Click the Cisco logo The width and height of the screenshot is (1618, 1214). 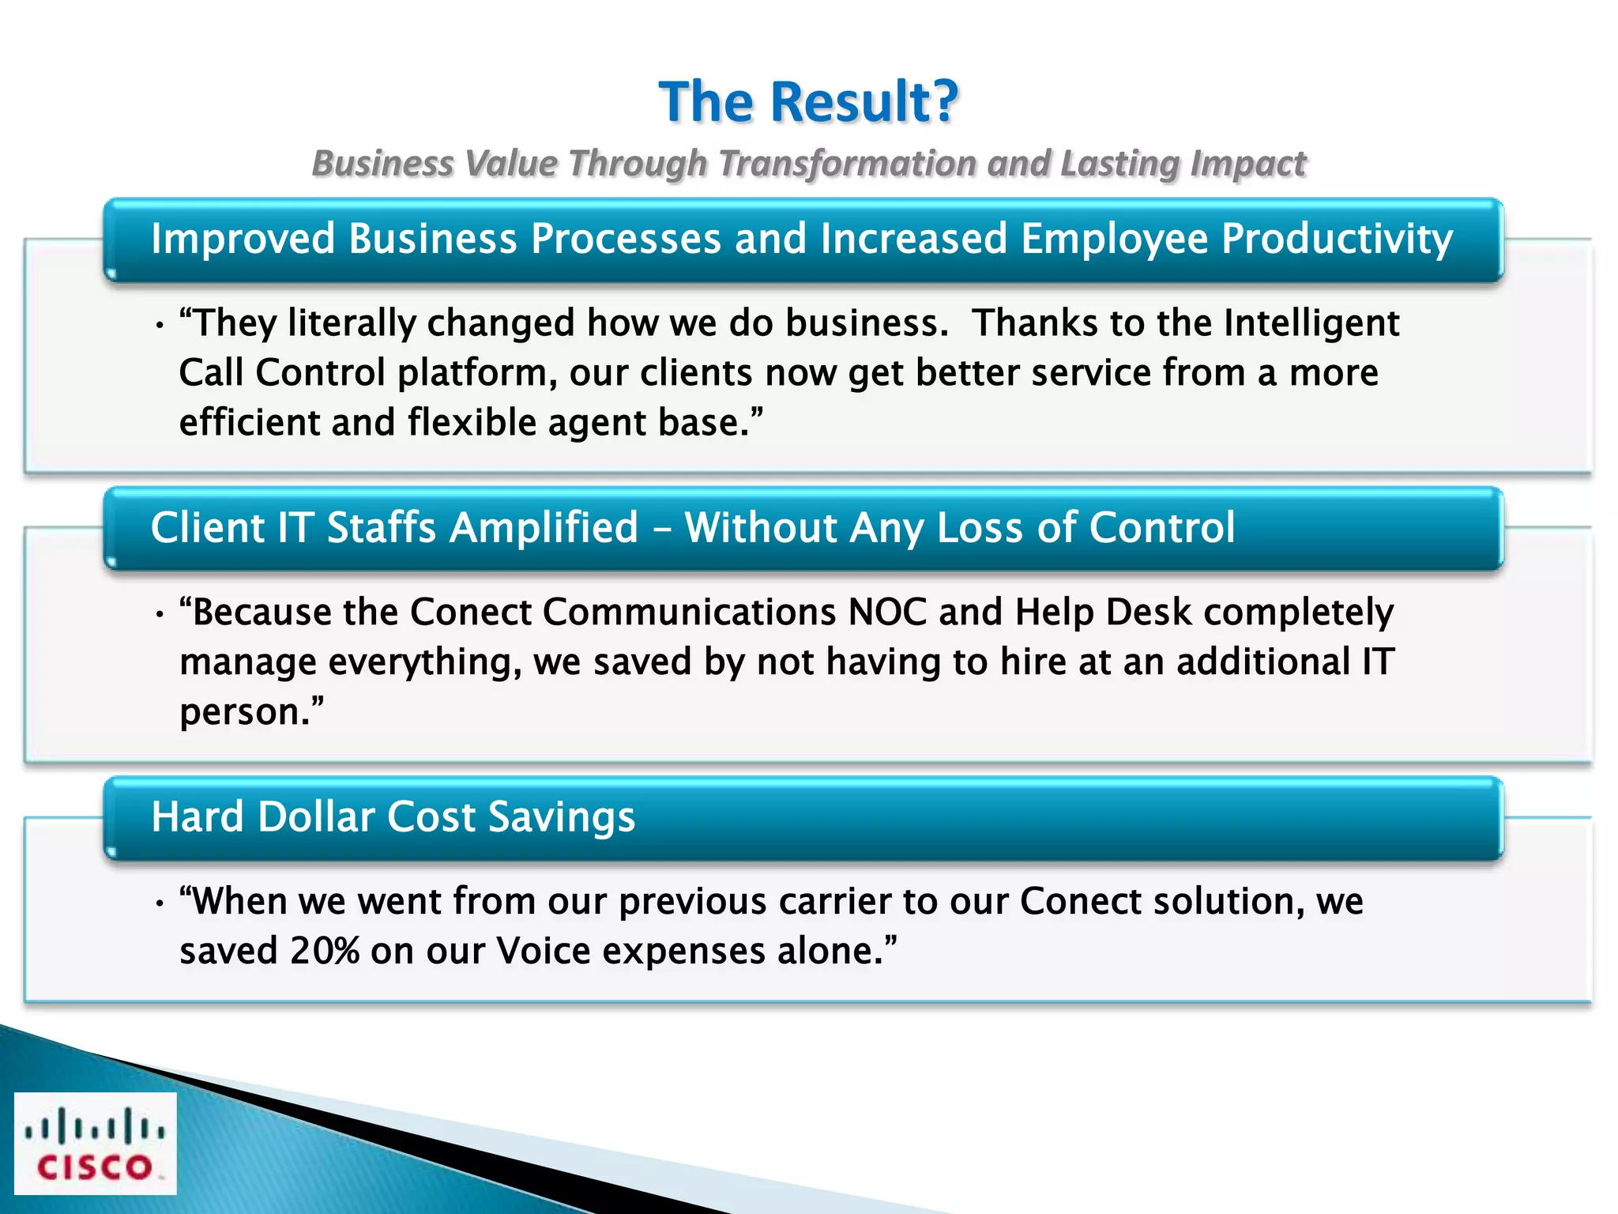coord(95,1143)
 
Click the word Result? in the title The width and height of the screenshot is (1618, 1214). coord(864,103)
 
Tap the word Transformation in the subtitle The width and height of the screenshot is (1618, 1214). coord(848,164)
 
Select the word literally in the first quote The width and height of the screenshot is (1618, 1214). coord(352,323)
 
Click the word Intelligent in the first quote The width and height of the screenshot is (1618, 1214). coord(1311,323)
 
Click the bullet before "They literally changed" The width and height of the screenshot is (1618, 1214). coord(160,325)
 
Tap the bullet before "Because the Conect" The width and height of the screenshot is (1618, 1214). coord(160,614)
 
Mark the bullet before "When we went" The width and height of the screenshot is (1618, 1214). coord(160,903)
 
